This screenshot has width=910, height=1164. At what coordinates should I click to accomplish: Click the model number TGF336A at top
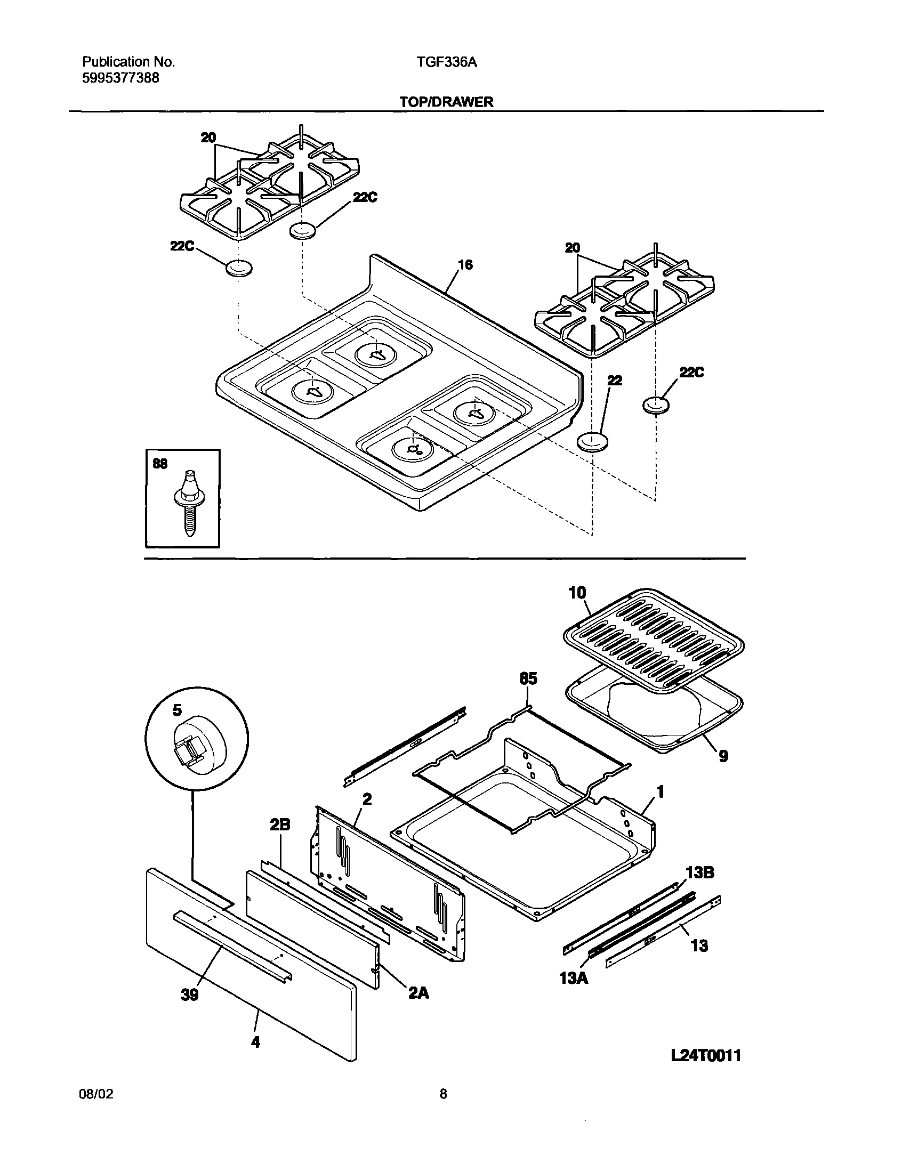(x=447, y=62)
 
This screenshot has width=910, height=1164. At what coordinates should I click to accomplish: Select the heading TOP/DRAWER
(x=447, y=102)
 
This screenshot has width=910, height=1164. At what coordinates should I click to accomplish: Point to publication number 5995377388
(x=120, y=78)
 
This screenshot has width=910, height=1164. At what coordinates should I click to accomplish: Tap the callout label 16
(x=465, y=265)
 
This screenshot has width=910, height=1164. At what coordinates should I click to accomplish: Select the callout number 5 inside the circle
(x=177, y=710)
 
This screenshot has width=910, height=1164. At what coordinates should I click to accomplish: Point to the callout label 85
(x=528, y=678)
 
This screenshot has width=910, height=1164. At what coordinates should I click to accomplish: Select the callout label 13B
(x=699, y=872)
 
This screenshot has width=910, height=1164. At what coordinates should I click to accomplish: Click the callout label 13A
(x=574, y=979)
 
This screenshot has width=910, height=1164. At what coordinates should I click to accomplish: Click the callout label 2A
(x=418, y=992)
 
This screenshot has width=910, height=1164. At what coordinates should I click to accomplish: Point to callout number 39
(x=190, y=995)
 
